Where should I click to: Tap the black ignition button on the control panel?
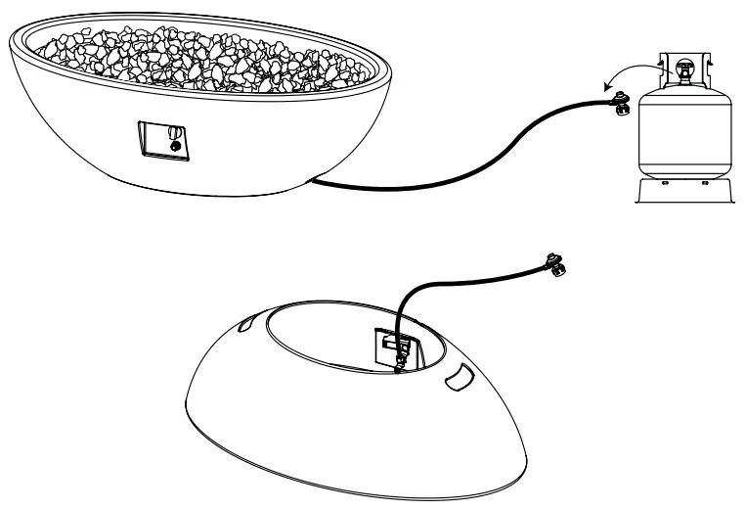pos(175,146)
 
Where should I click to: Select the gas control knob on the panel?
pos(172,132)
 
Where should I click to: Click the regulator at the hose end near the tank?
pos(620,102)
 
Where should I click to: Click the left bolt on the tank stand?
pos(664,183)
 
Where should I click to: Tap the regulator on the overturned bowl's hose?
pos(556,264)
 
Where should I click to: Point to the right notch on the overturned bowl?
pos(458,378)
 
